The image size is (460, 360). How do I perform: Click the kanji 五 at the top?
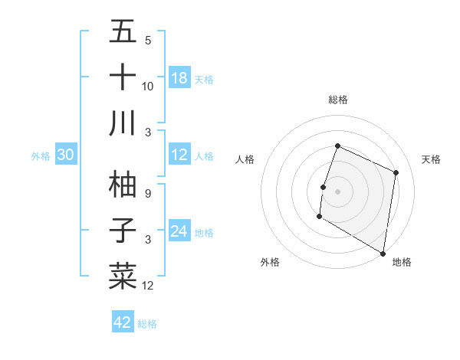[123, 33]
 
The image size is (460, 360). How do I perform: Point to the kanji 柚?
[123, 184]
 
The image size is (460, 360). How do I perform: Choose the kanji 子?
[123, 230]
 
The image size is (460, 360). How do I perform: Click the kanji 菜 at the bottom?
[123, 275]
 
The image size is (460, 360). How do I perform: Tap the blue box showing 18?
[179, 78]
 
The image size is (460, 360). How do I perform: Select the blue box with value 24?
[179, 231]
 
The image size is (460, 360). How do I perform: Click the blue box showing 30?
[66, 155]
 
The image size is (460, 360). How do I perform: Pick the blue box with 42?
[123, 322]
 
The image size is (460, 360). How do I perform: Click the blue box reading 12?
[179, 155]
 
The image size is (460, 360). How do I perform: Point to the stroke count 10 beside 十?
[147, 87]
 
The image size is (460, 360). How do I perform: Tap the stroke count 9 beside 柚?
[147, 194]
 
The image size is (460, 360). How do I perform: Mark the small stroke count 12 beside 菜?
[147, 286]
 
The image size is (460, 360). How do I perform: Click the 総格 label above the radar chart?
[337, 100]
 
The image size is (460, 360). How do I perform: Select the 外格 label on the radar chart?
[270, 262]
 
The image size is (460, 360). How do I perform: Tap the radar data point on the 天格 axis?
[396, 172]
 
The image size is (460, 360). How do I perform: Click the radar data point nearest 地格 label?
[383, 253]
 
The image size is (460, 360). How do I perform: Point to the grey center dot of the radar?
[337, 191]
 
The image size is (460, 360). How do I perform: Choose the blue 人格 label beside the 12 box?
[204, 155]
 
